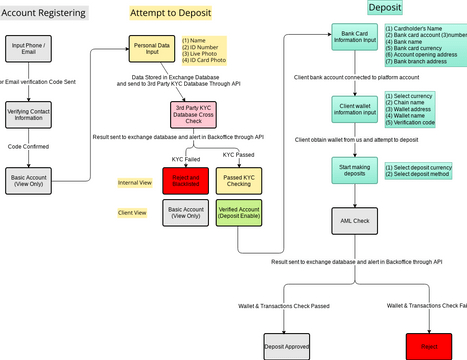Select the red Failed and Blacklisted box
[183, 182]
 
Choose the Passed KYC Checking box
[237, 182]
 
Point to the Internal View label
[133, 183]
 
